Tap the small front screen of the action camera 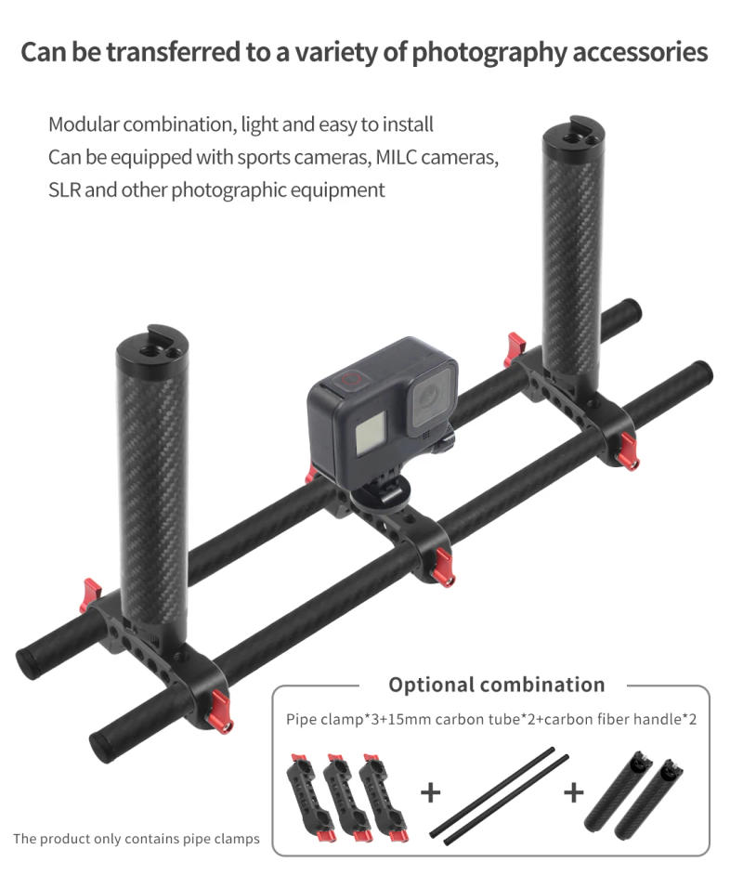pos(371,432)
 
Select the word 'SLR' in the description pos(64,189)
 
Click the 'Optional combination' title pos(496,685)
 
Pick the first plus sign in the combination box pos(430,792)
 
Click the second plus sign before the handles pos(574,792)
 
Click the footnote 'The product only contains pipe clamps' pos(136,840)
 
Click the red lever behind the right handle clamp pos(514,349)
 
